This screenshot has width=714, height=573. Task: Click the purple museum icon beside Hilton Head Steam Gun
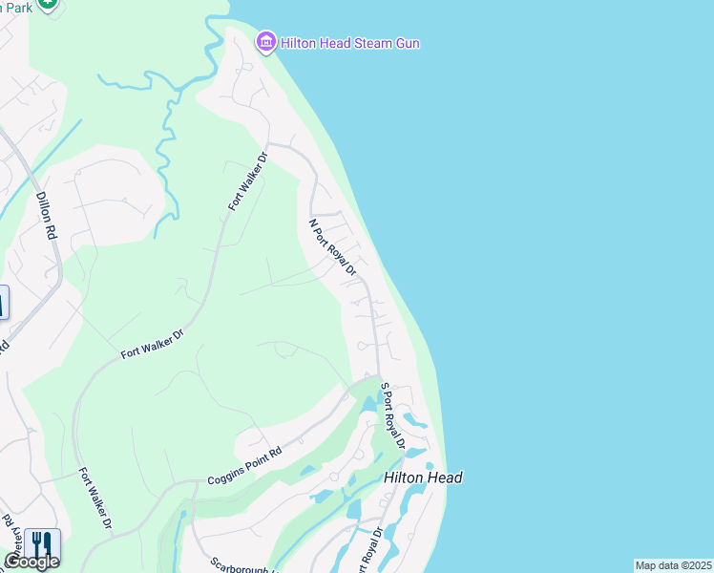pyautogui.click(x=265, y=42)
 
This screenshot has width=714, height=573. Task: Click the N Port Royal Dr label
pyautogui.click(x=331, y=247)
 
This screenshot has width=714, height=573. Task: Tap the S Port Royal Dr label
pyautogui.click(x=393, y=416)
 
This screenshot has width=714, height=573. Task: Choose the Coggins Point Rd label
pyautogui.click(x=245, y=466)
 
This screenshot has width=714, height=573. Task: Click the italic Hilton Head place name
pyautogui.click(x=423, y=477)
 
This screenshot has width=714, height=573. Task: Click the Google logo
pyautogui.click(x=31, y=562)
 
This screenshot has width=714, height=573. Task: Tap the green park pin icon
pyautogui.click(x=48, y=4)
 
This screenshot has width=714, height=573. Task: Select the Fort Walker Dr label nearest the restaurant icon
pyautogui.click(x=95, y=499)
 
